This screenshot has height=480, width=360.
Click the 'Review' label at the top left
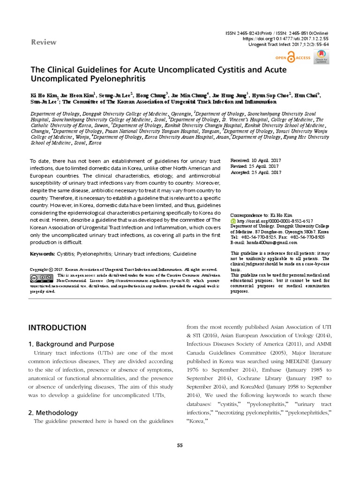pos(43,42)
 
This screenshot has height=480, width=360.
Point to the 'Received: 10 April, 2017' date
pos(255,160)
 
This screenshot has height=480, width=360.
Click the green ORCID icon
pos(233,220)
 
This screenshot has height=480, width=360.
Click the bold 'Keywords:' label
pos(45,254)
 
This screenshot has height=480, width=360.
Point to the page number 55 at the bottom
pos(180,445)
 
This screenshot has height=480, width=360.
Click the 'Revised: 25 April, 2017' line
pos(255,166)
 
